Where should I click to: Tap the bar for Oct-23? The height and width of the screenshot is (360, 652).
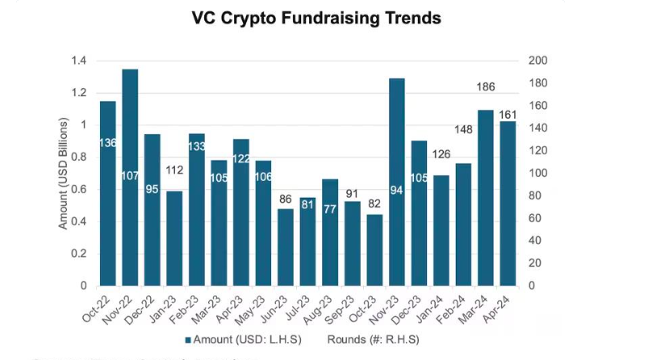pyautogui.click(x=374, y=250)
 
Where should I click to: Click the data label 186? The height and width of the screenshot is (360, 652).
pyautogui.click(x=485, y=87)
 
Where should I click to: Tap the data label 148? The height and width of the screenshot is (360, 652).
pyautogui.click(x=463, y=128)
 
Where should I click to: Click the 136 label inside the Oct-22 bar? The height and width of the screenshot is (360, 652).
pyautogui.click(x=108, y=143)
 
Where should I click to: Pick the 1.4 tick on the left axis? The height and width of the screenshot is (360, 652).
pyautogui.click(x=78, y=61)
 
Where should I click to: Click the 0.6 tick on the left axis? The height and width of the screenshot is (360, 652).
pyautogui.click(x=78, y=190)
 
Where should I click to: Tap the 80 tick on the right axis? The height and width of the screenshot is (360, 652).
pyautogui.click(x=534, y=196)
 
